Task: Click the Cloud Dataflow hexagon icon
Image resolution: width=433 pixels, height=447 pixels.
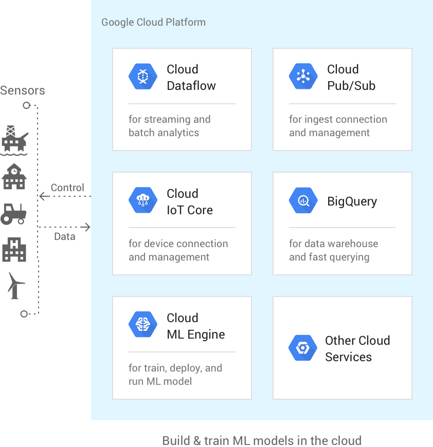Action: click(143, 77)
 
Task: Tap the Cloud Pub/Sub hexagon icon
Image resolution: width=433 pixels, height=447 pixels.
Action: click(303, 77)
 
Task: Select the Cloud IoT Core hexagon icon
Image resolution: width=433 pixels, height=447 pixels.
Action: click(143, 200)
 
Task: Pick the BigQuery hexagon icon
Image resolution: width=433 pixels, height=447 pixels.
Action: click(303, 200)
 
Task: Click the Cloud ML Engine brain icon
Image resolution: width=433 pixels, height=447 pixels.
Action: click(143, 324)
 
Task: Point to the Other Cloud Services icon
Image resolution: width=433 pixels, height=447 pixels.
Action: click(303, 348)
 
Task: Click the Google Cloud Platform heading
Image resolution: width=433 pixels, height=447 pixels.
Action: click(153, 22)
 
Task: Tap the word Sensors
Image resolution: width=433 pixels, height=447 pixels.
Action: click(23, 90)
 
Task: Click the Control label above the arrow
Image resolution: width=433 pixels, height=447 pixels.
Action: click(67, 188)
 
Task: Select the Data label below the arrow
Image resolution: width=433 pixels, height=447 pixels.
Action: click(65, 237)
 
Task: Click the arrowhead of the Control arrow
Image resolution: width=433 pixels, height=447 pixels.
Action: click(42, 196)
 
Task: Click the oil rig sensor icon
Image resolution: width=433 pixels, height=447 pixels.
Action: click(14, 140)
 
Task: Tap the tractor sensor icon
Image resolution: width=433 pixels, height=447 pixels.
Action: click(13, 214)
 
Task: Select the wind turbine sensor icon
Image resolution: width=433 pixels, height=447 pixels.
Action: click(16, 286)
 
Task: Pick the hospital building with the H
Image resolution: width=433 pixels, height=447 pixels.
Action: click(14, 249)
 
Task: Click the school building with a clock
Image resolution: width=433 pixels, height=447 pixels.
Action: click(14, 176)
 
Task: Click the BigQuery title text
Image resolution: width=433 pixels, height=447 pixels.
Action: click(352, 202)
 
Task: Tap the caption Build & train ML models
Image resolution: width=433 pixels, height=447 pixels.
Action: click(262, 440)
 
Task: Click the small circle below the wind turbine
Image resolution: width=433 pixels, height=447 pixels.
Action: click(24, 314)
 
